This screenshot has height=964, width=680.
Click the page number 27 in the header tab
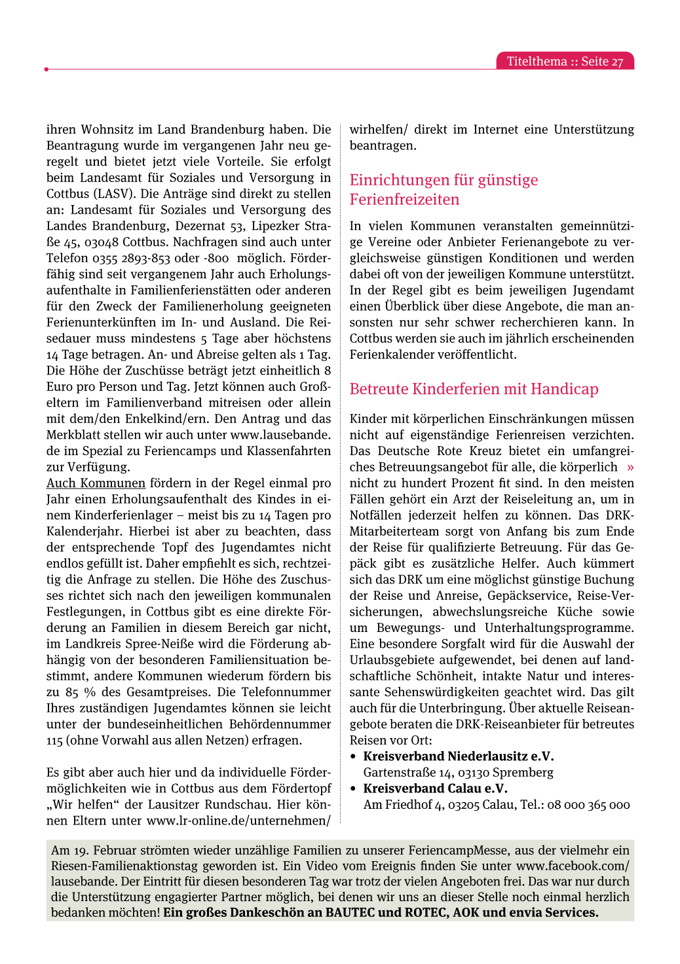616,62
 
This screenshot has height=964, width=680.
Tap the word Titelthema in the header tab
537,62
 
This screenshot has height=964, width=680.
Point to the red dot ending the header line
47,69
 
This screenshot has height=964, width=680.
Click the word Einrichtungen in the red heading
395,180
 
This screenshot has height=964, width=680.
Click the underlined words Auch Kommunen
96,483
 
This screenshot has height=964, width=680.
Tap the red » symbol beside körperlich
630,467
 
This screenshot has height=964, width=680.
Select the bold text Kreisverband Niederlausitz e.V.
459,756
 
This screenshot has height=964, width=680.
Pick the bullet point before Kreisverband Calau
354,788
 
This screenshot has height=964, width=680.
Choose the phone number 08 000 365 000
588,805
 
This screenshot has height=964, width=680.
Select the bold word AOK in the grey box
466,913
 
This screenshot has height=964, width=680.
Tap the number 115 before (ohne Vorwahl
54,741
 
